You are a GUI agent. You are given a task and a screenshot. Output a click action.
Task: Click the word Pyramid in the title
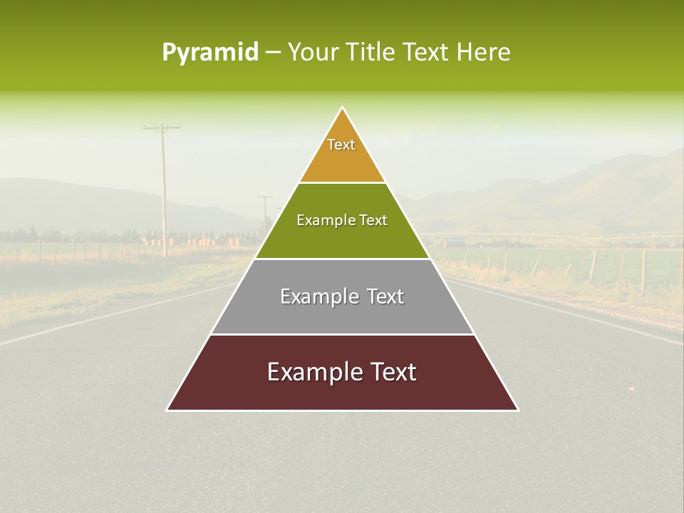pos(210,53)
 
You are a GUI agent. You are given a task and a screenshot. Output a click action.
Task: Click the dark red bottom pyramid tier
pos(342,388)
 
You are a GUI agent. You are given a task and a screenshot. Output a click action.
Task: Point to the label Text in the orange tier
pos(341,145)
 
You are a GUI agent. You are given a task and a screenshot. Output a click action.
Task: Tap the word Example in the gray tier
pos(318,296)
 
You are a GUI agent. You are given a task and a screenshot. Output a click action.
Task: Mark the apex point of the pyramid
pos(343,108)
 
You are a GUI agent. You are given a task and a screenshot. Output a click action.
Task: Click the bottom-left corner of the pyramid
pos(167,410)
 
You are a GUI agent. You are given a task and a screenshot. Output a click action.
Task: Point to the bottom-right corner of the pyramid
pos(518,410)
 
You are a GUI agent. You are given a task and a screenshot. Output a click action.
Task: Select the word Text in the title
pos(426,53)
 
